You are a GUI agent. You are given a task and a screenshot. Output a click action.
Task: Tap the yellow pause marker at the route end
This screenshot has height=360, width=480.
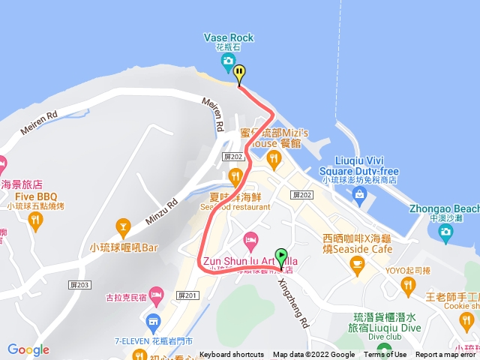click(x=239, y=73)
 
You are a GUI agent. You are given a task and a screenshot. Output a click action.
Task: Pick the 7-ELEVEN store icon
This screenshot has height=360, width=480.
click(x=153, y=324)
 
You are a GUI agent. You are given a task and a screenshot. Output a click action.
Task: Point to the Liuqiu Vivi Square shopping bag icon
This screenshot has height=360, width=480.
click(x=359, y=195)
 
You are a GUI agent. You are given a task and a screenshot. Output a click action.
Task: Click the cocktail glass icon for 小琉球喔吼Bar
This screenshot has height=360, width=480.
click(x=124, y=225)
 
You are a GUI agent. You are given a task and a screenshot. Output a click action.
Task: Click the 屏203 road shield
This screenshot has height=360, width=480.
click(x=82, y=285)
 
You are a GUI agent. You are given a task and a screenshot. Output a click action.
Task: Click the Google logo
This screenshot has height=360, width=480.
click(x=28, y=349)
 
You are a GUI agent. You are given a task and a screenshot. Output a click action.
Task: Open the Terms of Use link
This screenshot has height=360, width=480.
click(x=385, y=355)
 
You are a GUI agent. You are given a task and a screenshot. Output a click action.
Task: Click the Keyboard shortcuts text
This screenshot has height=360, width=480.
click(x=232, y=355)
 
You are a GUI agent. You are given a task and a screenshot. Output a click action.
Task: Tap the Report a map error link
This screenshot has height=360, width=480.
click(x=447, y=355)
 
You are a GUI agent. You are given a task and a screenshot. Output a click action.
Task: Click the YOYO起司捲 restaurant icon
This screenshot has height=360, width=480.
click(x=407, y=284)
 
